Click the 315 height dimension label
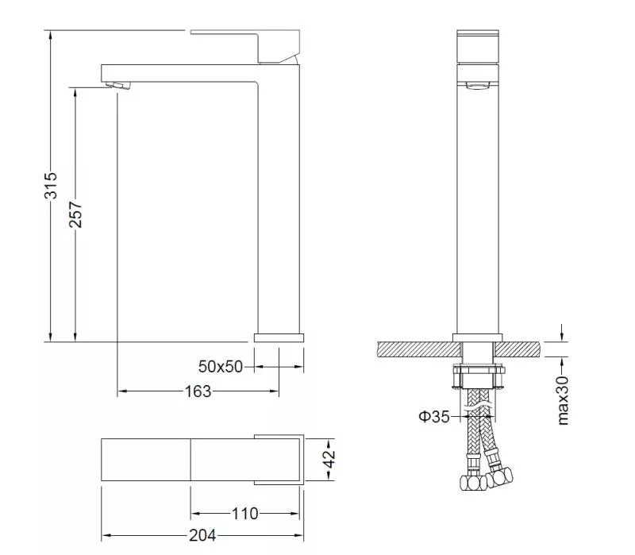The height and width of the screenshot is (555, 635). (x=51, y=185)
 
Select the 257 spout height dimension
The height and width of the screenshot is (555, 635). (x=75, y=214)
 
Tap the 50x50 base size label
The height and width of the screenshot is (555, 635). (x=221, y=367)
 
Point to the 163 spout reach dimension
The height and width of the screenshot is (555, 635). (x=198, y=391)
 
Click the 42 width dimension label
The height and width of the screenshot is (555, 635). (x=330, y=459)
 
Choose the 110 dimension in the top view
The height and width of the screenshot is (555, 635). (x=244, y=514)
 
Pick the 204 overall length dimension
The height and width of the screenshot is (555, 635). (x=202, y=536)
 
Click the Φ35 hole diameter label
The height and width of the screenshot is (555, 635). (x=434, y=417)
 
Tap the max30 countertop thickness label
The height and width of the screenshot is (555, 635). (x=563, y=400)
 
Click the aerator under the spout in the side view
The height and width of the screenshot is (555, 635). (x=118, y=86)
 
